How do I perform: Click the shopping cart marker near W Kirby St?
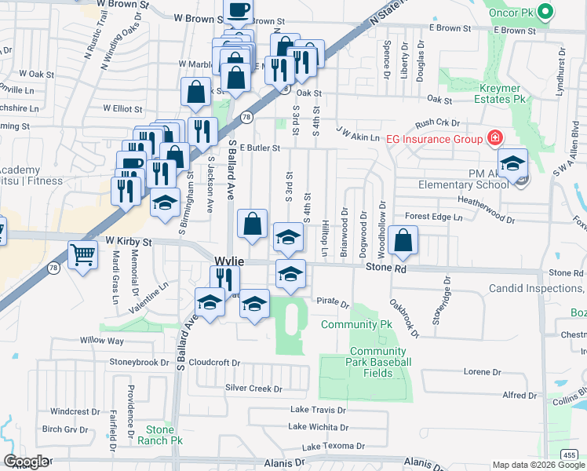point(82,254)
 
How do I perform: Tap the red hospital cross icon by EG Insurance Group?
point(494,140)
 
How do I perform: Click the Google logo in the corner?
point(26,462)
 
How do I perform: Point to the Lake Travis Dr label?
point(318,410)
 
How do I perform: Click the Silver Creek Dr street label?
point(253,389)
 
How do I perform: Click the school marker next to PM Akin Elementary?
point(512,164)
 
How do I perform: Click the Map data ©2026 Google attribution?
point(538,465)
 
